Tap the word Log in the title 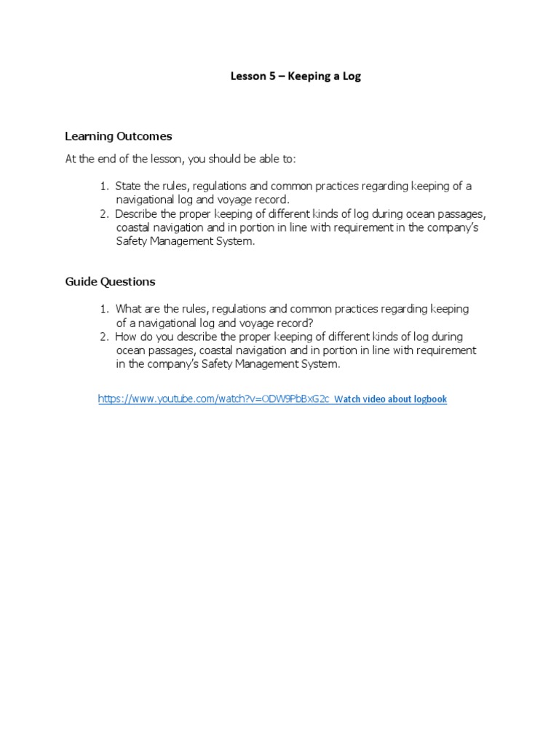tap(352, 76)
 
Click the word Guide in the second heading tap(81, 281)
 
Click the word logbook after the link tap(428, 399)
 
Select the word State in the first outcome tap(128, 186)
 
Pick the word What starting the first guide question tap(129, 309)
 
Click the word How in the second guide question tap(126, 337)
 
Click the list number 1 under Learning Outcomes tap(104, 186)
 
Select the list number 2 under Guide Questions tap(104, 337)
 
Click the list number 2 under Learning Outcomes tap(104, 213)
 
